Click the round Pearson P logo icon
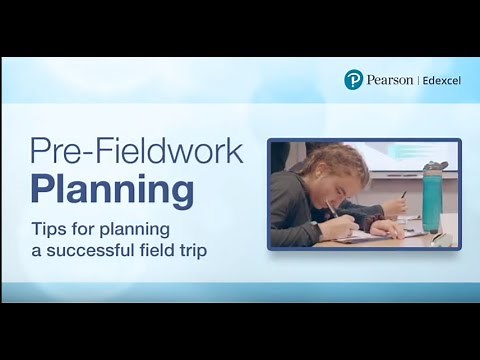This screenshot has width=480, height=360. pos(352,80)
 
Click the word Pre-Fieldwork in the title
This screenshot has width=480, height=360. pos(136,152)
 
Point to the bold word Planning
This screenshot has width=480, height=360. pos(112,187)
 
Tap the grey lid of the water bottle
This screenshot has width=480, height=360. pos(433,166)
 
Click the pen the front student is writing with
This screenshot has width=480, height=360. pos(332,213)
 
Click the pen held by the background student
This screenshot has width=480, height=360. pos(404,194)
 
